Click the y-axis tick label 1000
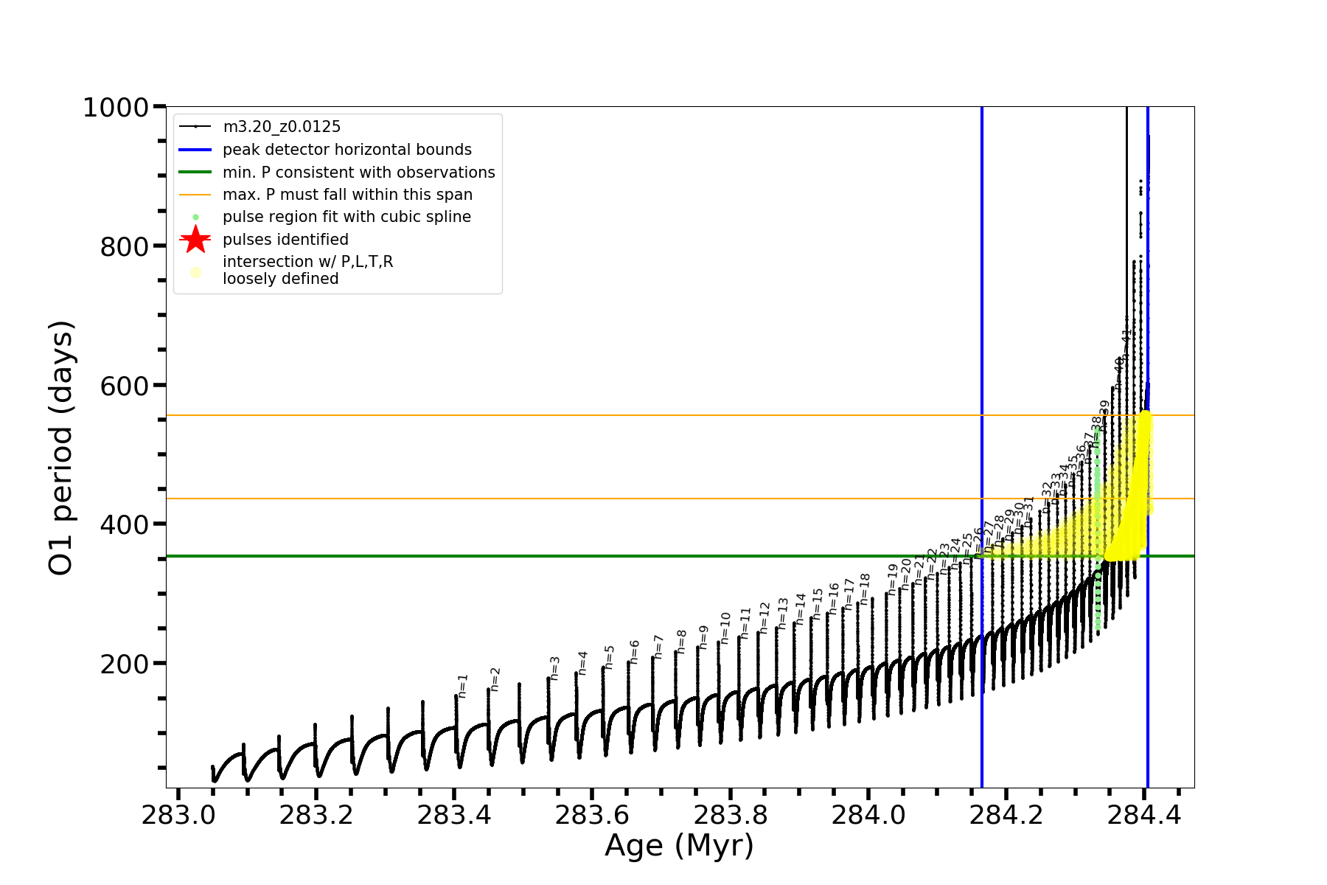click(116, 108)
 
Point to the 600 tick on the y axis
click(125, 386)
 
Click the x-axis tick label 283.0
click(178, 816)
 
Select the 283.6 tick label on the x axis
click(592, 816)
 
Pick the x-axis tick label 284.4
click(1144, 816)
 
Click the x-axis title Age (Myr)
click(679, 846)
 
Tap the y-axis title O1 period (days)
click(60, 448)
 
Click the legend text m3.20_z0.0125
click(282, 127)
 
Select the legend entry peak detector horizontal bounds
click(346, 150)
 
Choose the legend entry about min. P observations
click(358, 173)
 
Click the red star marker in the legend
click(195, 240)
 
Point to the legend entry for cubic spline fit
click(346, 217)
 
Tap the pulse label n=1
click(463, 685)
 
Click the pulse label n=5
click(610, 657)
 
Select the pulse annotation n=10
click(725, 626)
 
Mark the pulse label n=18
click(865, 588)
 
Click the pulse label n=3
click(555, 667)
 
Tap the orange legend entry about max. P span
click(347, 195)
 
